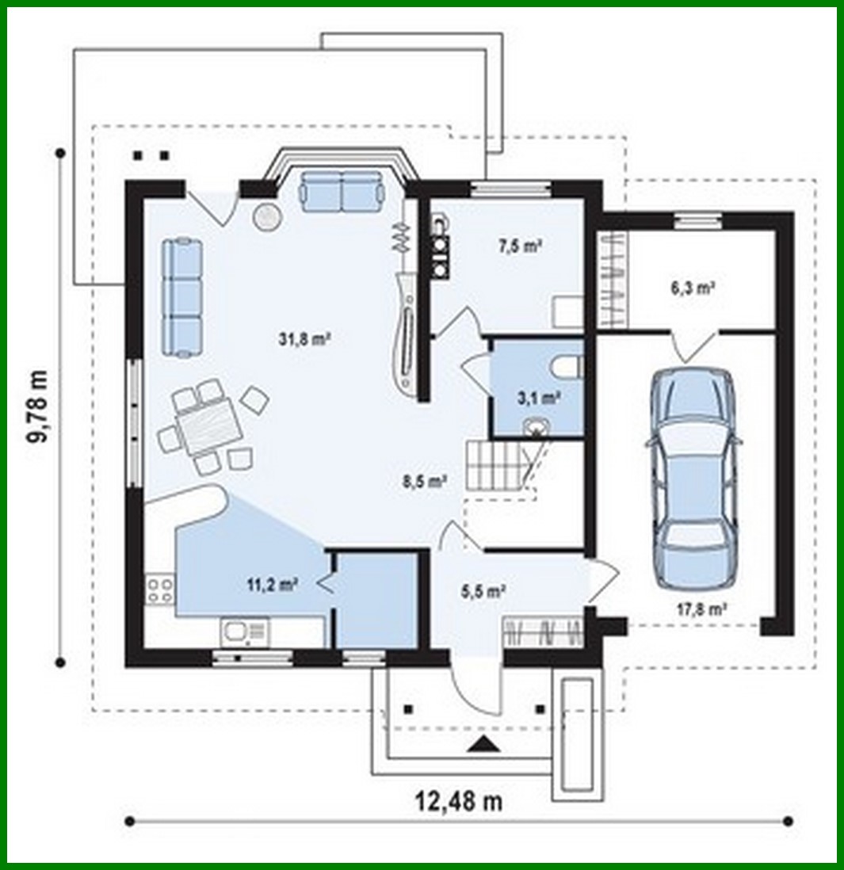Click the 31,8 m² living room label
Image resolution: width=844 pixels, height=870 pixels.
(304, 338)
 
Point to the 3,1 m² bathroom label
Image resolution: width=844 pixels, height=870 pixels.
(539, 398)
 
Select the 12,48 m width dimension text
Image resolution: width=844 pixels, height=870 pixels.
(459, 801)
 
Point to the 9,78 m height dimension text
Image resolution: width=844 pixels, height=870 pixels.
(39, 406)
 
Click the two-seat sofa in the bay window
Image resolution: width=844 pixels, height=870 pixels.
(342, 191)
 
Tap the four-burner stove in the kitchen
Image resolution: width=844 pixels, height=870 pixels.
(159, 591)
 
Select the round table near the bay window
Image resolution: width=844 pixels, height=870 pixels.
(265, 216)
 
